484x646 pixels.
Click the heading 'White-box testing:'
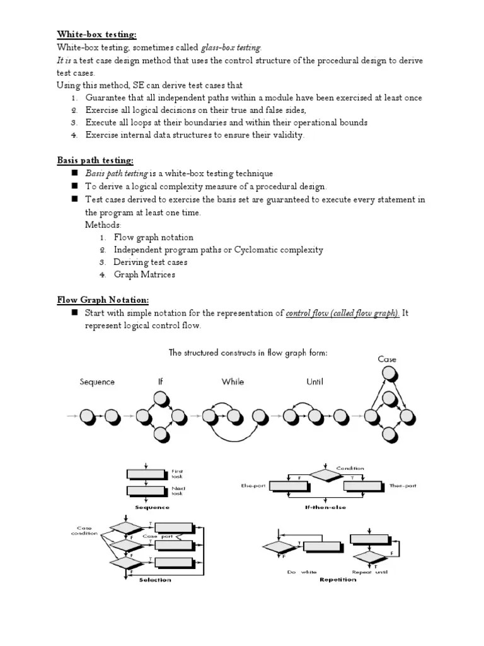coord(96,34)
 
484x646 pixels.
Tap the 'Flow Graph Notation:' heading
coord(103,300)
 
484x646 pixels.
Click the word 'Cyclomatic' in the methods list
coord(256,250)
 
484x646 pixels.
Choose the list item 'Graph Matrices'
coord(144,274)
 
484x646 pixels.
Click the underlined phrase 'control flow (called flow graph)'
coord(342,313)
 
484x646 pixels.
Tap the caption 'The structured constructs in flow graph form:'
coord(248,353)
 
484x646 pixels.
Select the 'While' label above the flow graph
coord(233,382)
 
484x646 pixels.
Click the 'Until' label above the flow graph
coord(314,382)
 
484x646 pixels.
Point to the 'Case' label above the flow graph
coord(387,359)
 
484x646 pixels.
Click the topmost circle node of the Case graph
coord(389,374)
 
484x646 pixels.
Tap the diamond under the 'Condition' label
coord(323,475)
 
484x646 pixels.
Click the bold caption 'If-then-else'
coord(325,507)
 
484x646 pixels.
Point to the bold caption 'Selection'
coord(154,580)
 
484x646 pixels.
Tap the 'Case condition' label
coord(84,531)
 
